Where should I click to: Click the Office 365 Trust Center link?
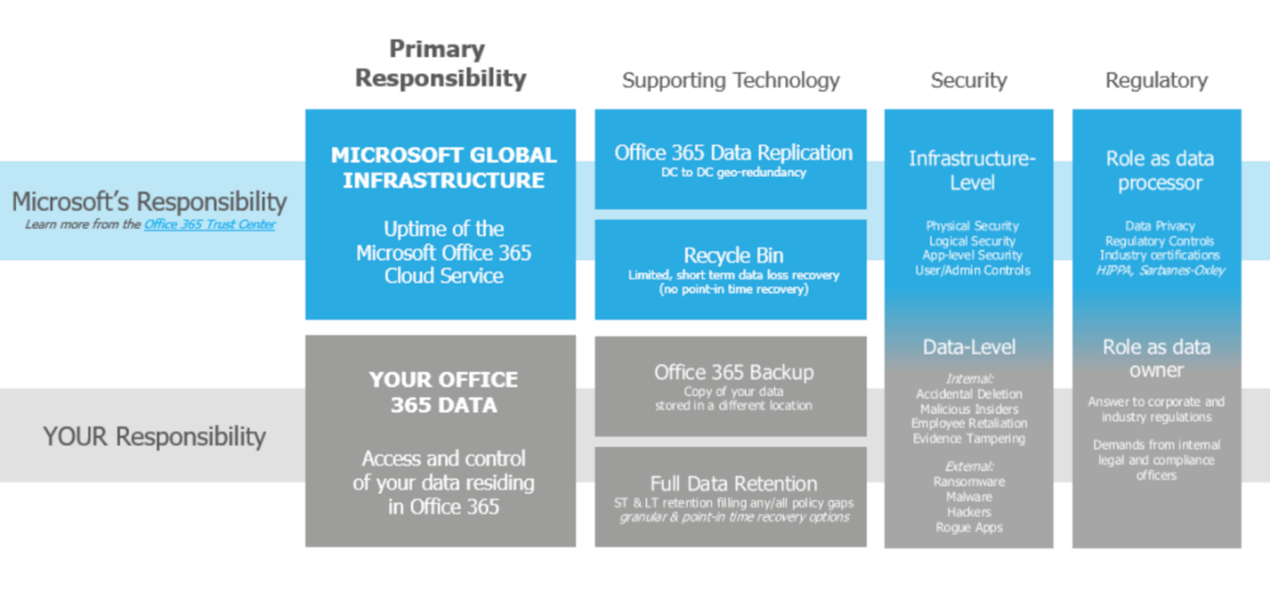(209, 224)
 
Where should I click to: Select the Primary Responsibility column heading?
(441, 63)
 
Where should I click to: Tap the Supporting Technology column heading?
(731, 80)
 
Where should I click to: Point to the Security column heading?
(968, 80)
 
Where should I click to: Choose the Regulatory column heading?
(1156, 80)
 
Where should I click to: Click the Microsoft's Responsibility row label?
(150, 201)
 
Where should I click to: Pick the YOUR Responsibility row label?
(155, 436)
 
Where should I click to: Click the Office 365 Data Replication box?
(731, 159)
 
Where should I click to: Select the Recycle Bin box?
(731, 270)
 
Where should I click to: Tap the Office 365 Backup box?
(731, 386)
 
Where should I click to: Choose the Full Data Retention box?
(731, 497)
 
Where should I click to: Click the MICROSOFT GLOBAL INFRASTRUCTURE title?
(443, 167)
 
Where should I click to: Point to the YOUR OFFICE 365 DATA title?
(443, 393)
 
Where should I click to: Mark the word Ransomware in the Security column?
(969, 482)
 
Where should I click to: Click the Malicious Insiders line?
(969, 409)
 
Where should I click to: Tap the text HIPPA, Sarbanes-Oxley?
(1160, 270)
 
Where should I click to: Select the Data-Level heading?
(969, 347)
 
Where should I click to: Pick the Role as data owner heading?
(1156, 358)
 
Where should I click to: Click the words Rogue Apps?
(969, 527)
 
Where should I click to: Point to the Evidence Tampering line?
(969, 438)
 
